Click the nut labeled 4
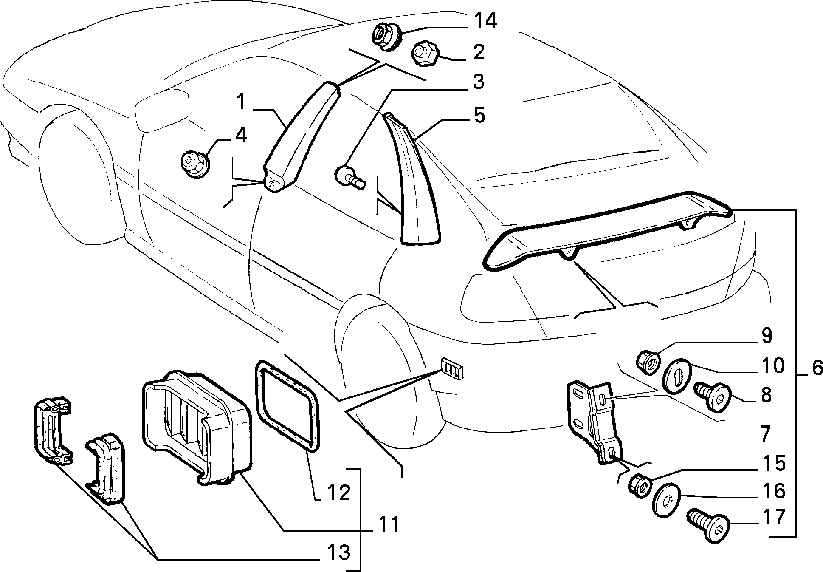[196, 165]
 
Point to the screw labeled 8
[712, 396]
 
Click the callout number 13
[339, 553]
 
